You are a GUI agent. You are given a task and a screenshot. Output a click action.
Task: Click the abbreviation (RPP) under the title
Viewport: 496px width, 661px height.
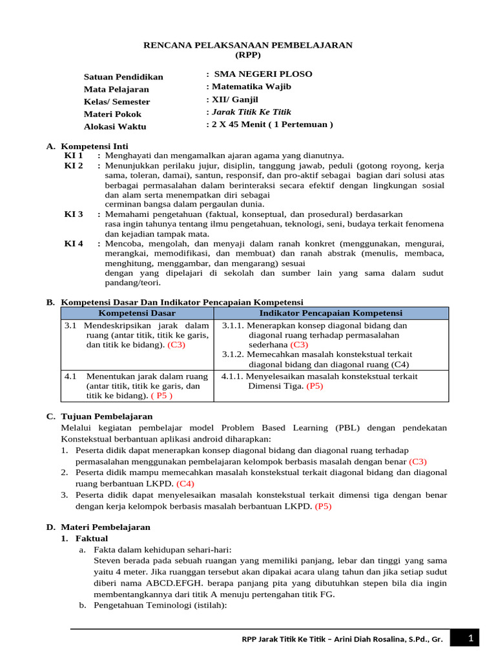[248, 55]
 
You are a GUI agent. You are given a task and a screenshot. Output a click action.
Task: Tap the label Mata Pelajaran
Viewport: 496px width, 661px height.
[116, 89]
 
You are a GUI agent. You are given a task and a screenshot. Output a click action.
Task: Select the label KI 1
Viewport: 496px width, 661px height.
[74, 156]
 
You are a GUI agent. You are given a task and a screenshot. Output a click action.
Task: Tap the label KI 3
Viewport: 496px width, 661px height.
[74, 214]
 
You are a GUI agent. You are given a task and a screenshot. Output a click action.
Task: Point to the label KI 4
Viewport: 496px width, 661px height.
[74, 243]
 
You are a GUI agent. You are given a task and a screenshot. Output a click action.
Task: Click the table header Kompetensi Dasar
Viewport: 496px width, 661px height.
[137, 312]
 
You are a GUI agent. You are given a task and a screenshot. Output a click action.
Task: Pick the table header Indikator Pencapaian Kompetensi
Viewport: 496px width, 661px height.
[331, 312]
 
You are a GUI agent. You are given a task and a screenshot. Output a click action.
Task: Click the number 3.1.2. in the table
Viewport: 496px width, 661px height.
[234, 354]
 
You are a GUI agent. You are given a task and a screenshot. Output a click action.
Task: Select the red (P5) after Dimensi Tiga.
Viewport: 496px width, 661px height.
[315, 386]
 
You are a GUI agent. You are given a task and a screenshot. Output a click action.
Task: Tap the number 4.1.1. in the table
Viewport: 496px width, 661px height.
[233, 376]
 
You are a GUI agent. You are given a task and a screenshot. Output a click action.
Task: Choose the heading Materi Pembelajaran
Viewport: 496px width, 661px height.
[105, 527]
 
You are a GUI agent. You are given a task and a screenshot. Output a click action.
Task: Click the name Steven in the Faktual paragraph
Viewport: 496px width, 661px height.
[107, 560]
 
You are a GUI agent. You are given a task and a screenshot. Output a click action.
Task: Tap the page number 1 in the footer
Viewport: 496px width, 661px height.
[471, 638]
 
